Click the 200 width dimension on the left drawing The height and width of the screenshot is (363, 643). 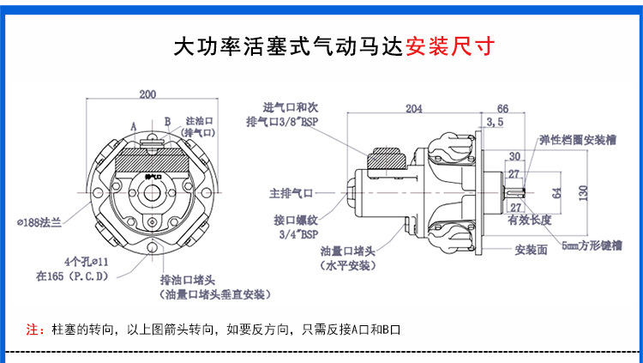(x=147, y=94)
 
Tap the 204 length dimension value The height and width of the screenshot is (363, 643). (x=414, y=109)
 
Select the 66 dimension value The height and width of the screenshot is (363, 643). (x=502, y=109)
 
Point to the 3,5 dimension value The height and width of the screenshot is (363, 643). (x=495, y=124)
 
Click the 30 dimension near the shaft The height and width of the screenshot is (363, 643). (x=515, y=156)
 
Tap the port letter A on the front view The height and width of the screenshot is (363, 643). (x=133, y=125)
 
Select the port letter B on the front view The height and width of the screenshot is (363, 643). (x=168, y=121)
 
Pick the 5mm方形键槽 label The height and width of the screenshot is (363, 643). (x=592, y=245)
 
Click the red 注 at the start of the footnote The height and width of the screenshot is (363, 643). (x=32, y=329)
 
